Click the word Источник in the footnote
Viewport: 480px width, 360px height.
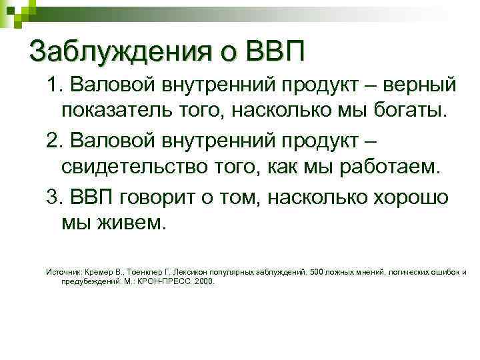coord(62,272)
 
